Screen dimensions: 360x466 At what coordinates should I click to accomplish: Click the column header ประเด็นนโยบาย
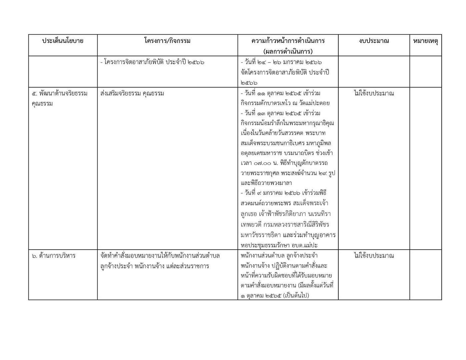pyautogui.click(x=63, y=41)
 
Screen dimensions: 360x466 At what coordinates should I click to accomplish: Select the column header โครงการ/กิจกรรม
pyautogui.click(x=167, y=41)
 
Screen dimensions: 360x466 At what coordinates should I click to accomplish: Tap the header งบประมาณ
pyautogui.click(x=374, y=41)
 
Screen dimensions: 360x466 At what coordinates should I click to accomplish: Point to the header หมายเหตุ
pyautogui.click(x=425, y=41)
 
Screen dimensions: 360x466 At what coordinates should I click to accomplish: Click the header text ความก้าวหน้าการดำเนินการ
pyautogui.click(x=288, y=41)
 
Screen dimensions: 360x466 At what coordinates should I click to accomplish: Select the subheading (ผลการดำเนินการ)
pyautogui.click(x=288, y=51)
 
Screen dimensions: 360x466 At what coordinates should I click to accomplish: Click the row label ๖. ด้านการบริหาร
pyautogui.click(x=54, y=256)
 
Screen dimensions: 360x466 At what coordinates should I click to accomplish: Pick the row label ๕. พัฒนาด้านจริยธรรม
pyautogui.click(x=60, y=93)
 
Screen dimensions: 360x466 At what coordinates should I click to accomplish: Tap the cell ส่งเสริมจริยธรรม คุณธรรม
pyautogui.click(x=132, y=93)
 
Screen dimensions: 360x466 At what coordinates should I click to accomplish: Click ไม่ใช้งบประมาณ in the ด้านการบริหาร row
pyautogui.click(x=374, y=256)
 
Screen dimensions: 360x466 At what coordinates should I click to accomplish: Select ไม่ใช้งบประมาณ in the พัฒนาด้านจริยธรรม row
pyautogui.click(x=374, y=93)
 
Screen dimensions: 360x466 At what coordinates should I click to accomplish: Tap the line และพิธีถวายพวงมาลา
pyautogui.click(x=266, y=183)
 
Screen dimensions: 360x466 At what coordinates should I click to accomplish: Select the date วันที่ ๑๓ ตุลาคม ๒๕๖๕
pyautogui.click(x=270, y=113)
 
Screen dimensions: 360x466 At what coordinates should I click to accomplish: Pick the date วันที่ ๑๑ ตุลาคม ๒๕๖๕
pyautogui.click(x=270, y=93)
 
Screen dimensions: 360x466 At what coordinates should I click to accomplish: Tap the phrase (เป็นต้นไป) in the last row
pyautogui.click(x=296, y=296)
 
